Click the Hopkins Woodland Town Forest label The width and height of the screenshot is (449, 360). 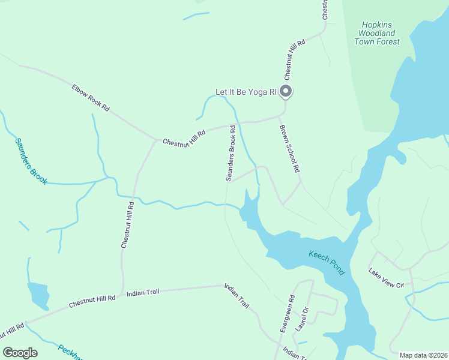pyautogui.click(x=376, y=34)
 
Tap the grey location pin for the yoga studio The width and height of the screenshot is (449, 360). pyautogui.click(x=286, y=92)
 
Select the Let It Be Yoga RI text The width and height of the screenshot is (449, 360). pyautogui.click(x=246, y=92)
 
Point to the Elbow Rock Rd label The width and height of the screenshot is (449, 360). pyautogui.click(x=91, y=98)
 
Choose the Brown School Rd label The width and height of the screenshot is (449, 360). pyautogui.click(x=289, y=148)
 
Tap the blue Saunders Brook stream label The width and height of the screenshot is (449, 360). pyautogui.click(x=31, y=161)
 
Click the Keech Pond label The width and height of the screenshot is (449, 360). pyautogui.click(x=327, y=263)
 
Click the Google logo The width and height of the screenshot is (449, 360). pyautogui.click(x=20, y=353)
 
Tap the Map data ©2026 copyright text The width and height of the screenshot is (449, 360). pyautogui.click(x=423, y=355)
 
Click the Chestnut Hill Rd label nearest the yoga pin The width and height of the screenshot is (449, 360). pyautogui.click(x=295, y=60)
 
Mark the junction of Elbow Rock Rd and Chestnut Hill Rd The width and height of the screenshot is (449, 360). pyautogui.click(x=157, y=140)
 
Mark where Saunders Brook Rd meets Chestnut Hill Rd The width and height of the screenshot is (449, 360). pyautogui.click(x=233, y=125)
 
